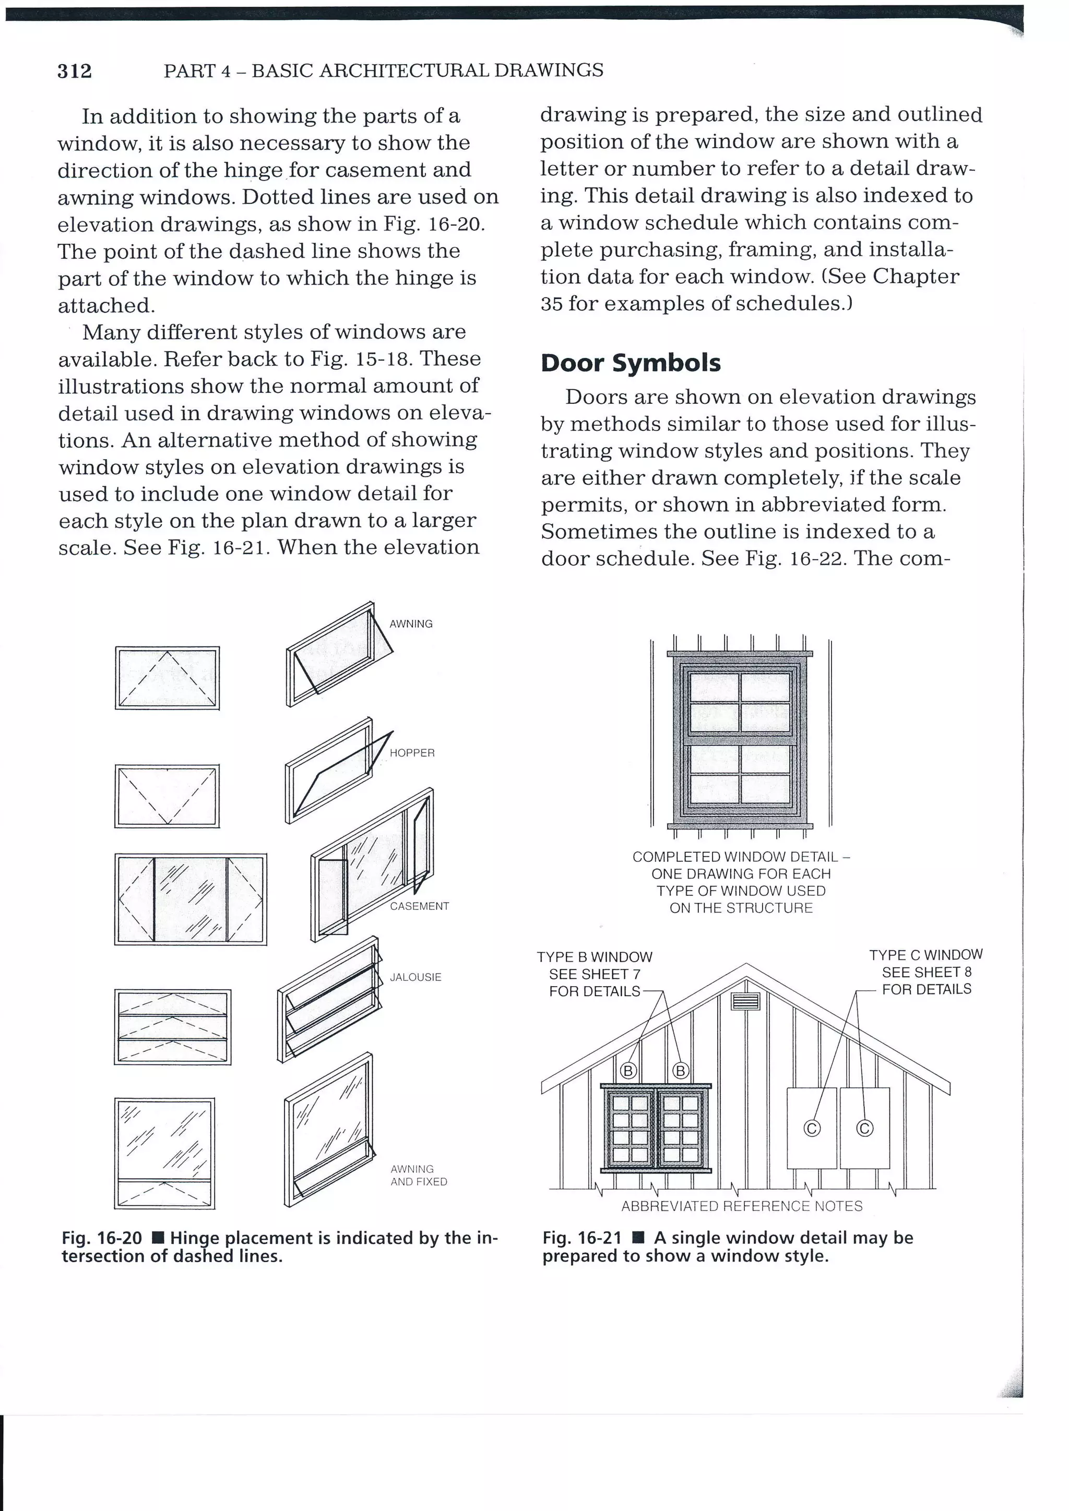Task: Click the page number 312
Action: pyautogui.click(x=75, y=70)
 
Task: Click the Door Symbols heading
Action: pyautogui.click(x=630, y=363)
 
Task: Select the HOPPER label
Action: pyautogui.click(x=412, y=752)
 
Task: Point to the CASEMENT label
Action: pyautogui.click(x=419, y=906)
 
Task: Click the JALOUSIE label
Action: pyautogui.click(x=415, y=977)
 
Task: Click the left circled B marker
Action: pyautogui.click(x=628, y=1071)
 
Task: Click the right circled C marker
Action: pyautogui.click(x=864, y=1129)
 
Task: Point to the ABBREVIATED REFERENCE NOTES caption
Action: pyautogui.click(x=741, y=1206)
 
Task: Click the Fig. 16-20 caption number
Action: pyautogui.click(x=101, y=1238)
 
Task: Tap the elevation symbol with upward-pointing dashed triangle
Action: pyautogui.click(x=167, y=678)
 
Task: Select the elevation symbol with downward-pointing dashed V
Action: pyautogui.click(x=167, y=796)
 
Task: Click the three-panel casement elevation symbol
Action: pyautogui.click(x=190, y=899)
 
